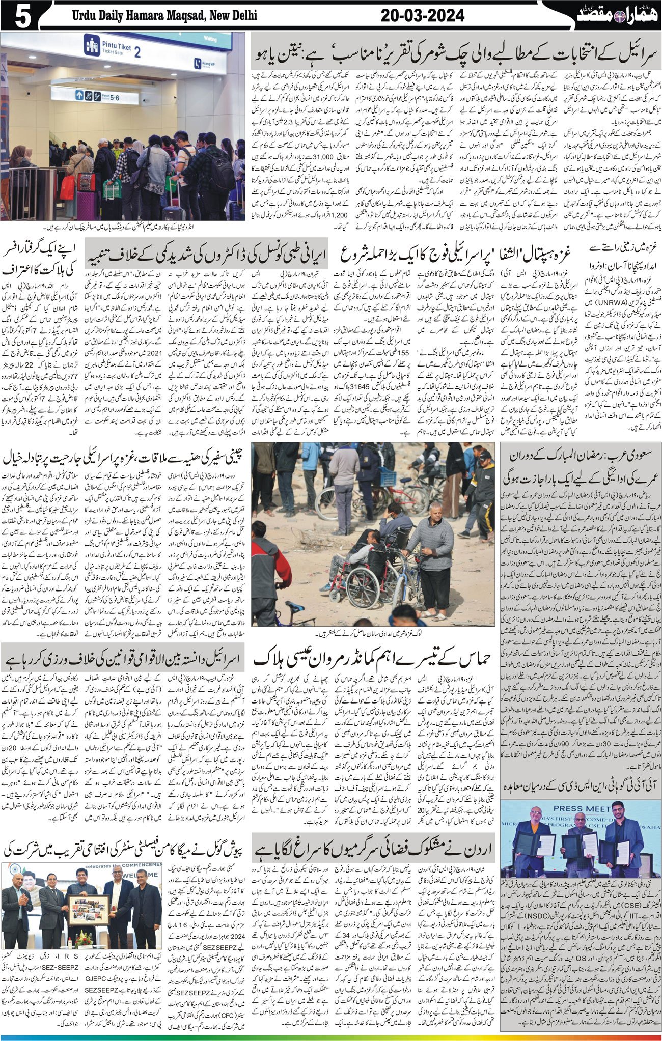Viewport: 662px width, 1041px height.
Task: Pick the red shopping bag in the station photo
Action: click(x=67, y=188)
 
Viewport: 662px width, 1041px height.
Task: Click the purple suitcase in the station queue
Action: click(x=87, y=204)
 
